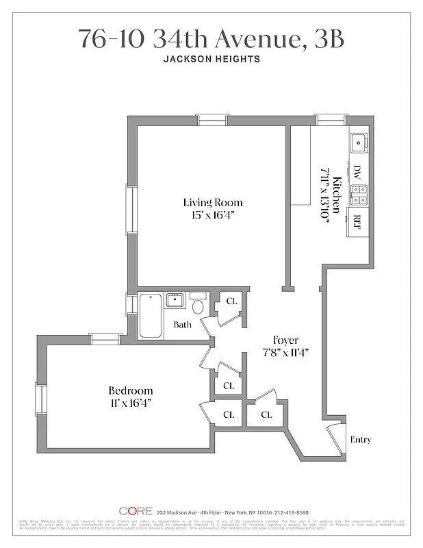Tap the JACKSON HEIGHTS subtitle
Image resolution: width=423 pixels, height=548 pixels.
pos(211,59)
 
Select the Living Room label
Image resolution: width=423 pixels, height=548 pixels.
pos(212,203)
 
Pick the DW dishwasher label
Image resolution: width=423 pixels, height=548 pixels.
pos(357,171)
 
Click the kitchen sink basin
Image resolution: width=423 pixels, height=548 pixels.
pos(358,143)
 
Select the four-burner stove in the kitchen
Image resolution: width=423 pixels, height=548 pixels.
pos(358,195)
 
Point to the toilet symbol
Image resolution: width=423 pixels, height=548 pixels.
pos(198,305)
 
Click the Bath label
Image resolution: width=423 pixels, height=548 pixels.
pos(182,325)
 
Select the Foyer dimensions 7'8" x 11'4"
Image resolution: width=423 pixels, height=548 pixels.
pos(286,353)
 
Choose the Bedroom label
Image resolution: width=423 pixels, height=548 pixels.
pos(131,391)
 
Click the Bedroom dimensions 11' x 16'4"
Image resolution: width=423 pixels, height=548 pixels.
pos(131,403)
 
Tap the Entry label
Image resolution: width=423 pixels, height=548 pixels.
pos(361,439)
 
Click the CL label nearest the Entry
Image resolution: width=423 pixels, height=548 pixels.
pos(266,414)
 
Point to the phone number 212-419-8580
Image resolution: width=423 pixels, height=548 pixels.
pos(288,512)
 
